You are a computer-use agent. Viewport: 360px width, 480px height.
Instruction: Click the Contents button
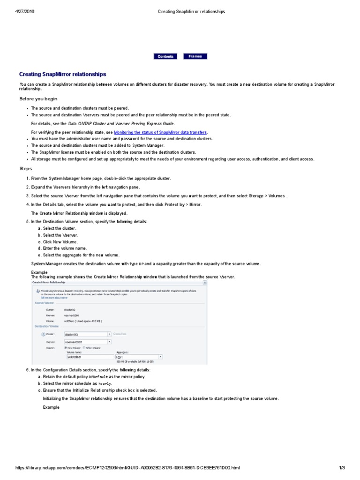coord(165,56)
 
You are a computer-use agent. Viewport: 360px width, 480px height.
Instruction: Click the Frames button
coord(195,56)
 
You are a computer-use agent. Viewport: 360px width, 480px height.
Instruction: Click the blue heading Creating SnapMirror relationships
coord(62,74)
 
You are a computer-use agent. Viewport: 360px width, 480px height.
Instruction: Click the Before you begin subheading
coord(38,98)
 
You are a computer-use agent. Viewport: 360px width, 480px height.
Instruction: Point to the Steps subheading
coord(26,168)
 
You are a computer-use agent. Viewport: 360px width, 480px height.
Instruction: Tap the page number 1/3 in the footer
coord(342,468)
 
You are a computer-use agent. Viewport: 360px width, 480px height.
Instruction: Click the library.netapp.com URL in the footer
coord(128,468)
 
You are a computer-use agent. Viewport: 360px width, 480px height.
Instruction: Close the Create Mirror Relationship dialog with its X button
coord(205,283)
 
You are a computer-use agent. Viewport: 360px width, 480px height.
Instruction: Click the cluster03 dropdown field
coord(87,334)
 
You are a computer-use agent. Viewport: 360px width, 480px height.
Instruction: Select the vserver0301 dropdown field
coord(87,342)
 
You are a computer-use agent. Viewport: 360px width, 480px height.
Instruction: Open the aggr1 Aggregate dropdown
coord(139,357)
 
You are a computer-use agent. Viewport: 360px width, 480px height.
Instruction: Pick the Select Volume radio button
coord(84,348)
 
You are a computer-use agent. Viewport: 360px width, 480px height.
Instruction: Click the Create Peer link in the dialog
coord(120,334)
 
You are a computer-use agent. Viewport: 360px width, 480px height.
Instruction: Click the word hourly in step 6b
coord(105,383)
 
